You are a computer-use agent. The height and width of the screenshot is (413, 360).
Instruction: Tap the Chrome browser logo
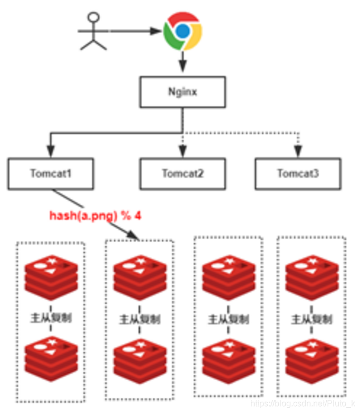click(x=182, y=31)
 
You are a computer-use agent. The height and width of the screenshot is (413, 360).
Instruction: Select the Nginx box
click(x=182, y=92)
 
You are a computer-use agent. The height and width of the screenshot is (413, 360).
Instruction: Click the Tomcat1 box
click(x=51, y=173)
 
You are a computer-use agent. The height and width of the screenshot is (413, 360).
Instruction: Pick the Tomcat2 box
click(x=182, y=173)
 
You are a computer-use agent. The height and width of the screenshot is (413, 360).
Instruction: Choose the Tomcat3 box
click(x=297, y=173)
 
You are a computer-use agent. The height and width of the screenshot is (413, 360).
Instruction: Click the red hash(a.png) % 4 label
click(x=95, y=215)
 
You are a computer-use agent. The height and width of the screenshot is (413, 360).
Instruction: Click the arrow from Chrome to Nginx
click(x=182, y=62)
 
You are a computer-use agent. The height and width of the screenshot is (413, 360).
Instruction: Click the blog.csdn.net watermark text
click(x=304, y=403)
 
